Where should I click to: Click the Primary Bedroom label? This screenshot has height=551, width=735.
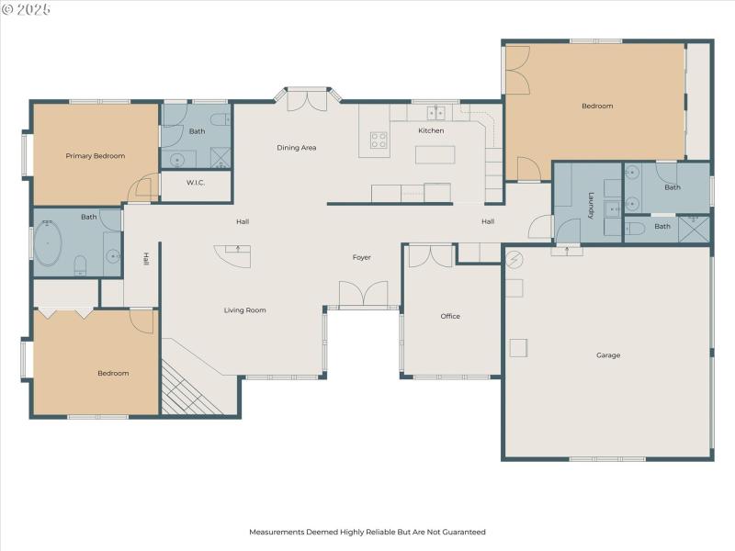click(95, 156)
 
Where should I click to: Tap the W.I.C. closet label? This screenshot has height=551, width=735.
click(195, 182)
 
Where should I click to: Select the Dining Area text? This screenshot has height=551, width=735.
click(297, 148)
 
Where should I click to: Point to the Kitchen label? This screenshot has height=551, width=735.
click(431, 131)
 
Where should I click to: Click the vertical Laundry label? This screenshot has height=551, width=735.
click(592, 205)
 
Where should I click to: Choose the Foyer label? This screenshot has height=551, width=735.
click(362, 258)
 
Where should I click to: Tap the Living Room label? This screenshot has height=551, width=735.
click(244, 310)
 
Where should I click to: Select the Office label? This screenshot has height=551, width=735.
click(450, 317)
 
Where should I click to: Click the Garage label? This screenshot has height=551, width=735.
click(608, 355)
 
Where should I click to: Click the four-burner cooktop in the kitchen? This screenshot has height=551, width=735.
click(379, 140)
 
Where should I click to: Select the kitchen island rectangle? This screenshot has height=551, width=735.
click(435, 154)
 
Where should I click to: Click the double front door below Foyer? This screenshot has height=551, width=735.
click(364, 296)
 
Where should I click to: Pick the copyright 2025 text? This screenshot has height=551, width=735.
click(27, 9)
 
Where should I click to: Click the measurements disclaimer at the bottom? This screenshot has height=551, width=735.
click(367, 532)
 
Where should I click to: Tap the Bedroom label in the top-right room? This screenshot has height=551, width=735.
click(597, 107)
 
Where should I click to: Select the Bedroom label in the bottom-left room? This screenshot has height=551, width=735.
click(113, 374)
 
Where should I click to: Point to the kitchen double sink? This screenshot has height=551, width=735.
click(435, 113)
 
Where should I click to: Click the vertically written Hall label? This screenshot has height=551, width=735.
click(145, 260)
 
